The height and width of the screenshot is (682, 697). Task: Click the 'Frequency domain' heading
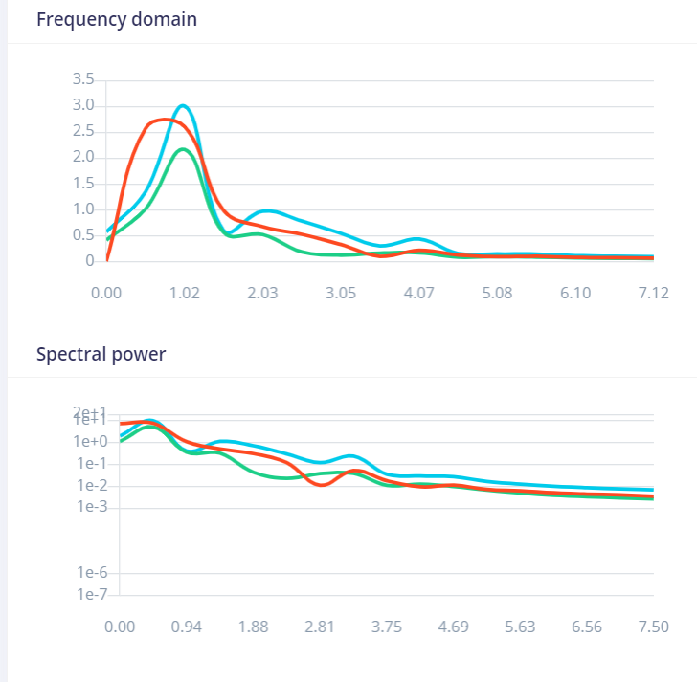117,19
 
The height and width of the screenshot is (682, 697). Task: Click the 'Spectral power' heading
101,354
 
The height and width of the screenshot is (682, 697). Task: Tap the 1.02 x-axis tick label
185,292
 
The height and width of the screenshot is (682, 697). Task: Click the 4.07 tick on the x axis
419,292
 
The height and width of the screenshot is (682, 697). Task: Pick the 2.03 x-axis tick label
262,292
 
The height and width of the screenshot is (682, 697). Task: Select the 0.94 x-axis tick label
187,627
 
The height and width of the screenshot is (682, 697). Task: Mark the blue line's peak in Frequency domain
183,105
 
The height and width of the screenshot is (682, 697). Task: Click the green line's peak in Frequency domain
182,149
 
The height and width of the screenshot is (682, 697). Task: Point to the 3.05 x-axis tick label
341,292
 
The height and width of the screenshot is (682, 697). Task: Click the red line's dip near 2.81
323,485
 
